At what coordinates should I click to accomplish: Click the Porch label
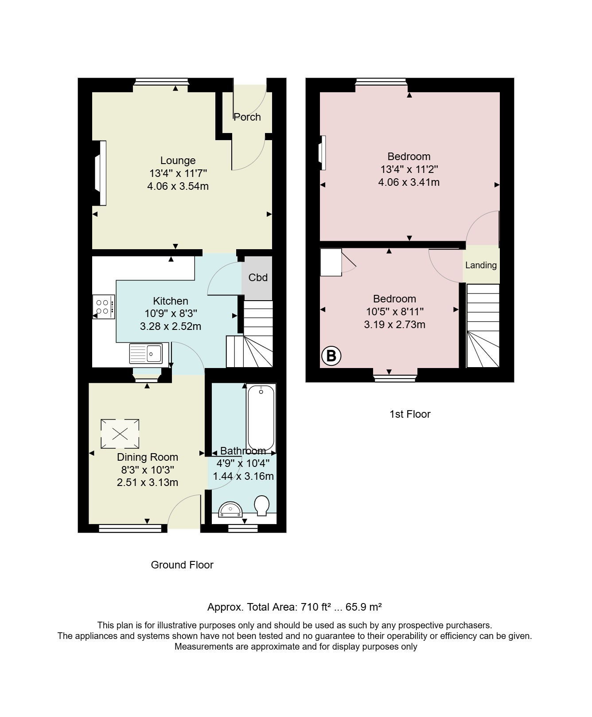click(247, 117)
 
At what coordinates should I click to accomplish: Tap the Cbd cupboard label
click(258, 278)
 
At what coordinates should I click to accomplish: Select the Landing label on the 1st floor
click(481, 265)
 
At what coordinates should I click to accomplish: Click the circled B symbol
click(331, 356)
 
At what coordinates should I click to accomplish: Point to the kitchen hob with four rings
click(104, 306)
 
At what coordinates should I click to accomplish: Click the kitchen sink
click(146, 353)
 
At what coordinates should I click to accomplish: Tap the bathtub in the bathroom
click(261, 418)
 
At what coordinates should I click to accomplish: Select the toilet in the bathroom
click(262, 505)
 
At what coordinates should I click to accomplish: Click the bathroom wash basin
click(231, 509)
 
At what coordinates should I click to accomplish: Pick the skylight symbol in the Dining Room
click(120, 434)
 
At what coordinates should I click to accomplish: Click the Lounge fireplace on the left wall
click(100, 173)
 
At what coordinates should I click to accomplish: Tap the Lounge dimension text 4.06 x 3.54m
click(178, 186)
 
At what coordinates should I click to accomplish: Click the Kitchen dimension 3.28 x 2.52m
click(171, 327)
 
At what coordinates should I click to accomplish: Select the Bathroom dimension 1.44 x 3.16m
click(243, 477)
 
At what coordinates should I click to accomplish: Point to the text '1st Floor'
click(410, 414)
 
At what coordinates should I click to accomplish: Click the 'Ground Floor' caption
click(182, 565)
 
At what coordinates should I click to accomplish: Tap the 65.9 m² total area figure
click(364, 607)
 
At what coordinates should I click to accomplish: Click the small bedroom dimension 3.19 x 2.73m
click(395, 325)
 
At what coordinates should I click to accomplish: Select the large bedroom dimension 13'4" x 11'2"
click(409, 169)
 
